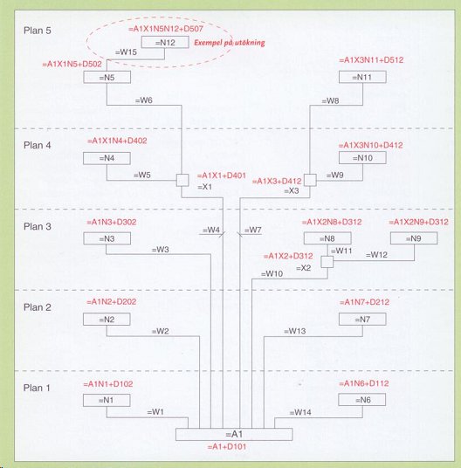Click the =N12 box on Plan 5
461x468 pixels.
(x=165, y=42)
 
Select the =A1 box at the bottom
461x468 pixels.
(x=234, y=434)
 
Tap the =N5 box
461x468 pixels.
(x=107, y=77)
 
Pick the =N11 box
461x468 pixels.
(x=362, y=77)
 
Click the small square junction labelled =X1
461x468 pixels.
(x=182, y=180)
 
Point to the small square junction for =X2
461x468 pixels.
(x=327, y=262)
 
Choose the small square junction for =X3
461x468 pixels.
(x=310, y=180)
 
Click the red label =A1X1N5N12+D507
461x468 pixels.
(x=166, y=29)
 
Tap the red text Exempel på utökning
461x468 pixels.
(x=230, y=43)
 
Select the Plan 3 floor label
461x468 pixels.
(x=38, y=226)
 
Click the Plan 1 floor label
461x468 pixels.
(x=37, y=388)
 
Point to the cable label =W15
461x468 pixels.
(x=126, y=52)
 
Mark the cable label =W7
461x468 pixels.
(x=253, y=230)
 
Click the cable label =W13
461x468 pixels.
(x=295, y=331)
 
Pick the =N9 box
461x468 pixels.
(x=414, y=238)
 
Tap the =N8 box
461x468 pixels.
(x=327, y=238)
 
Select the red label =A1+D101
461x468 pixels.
(x=227, y=446)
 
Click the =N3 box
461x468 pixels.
(x=107, y=238)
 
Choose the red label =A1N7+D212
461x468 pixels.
(x=364, y=302)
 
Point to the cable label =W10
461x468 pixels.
(x=272, y=273)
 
